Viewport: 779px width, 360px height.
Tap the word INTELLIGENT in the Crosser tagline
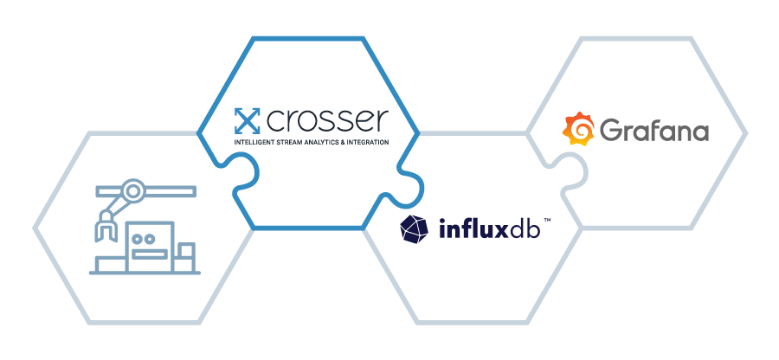[257, 142]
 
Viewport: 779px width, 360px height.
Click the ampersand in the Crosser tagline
[349, 142]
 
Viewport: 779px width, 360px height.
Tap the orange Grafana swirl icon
[579, 131]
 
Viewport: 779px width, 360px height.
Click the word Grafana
[654, 132]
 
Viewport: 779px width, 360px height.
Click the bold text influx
[470, 229]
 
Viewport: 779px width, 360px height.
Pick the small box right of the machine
[186, 254]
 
